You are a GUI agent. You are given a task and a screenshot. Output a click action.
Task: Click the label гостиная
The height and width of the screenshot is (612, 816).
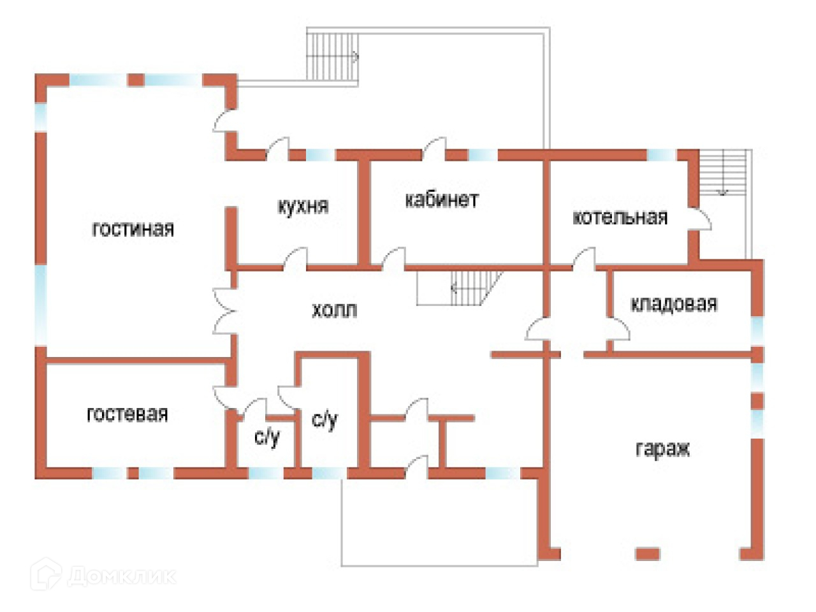click(x=133, y=229)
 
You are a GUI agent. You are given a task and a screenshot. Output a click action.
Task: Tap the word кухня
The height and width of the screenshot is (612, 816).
click(x=303, y=206)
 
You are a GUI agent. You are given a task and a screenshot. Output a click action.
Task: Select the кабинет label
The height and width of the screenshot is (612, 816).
click(x=441, y=200)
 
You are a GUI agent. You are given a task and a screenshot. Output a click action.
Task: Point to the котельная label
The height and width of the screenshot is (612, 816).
click(x=620, y=217)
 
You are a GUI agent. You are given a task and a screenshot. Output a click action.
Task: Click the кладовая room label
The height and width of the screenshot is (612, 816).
click(x=674, y=304)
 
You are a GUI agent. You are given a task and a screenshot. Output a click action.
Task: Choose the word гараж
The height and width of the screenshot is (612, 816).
click(x=662, y=449)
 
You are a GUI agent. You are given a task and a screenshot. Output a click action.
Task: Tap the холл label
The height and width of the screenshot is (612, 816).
click(x=334, y=310)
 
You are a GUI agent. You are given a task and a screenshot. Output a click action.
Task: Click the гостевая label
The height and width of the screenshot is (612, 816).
click(x=127, y=414)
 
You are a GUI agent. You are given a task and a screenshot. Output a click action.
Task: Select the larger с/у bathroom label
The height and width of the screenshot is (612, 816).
click(x=324, y=419)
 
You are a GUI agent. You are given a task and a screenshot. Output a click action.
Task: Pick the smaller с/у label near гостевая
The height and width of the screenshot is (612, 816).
click(x=267, y=437)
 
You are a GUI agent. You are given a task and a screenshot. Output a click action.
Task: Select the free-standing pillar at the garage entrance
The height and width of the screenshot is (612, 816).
click(x=647, y=553)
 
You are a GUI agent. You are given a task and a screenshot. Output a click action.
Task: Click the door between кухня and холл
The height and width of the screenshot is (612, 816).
click(x=295, y=259)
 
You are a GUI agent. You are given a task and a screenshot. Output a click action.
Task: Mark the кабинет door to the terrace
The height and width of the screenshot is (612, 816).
click(x=434, y=148)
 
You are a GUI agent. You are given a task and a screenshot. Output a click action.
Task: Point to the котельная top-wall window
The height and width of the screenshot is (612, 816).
click(x=661, y=155)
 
